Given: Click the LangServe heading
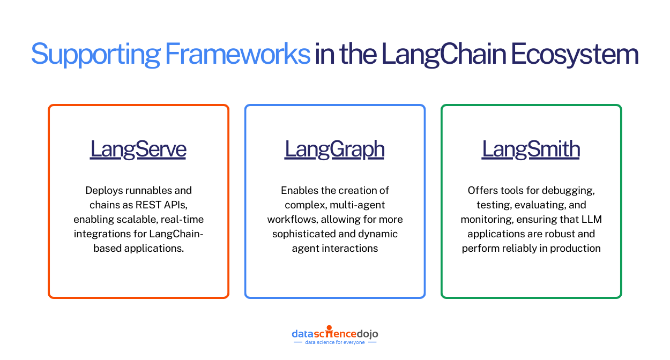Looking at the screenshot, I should (x=138, y=149).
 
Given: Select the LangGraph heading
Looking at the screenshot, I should (x=334, y=149).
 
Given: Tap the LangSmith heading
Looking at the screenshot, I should (x=531, y=149).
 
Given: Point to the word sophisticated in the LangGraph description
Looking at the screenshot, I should (x=301, y=234).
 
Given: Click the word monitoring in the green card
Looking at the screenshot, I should (x=485, y=219).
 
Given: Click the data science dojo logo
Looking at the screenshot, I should (x=334, y=333).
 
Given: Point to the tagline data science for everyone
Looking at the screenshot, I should (x=334, y=342).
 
